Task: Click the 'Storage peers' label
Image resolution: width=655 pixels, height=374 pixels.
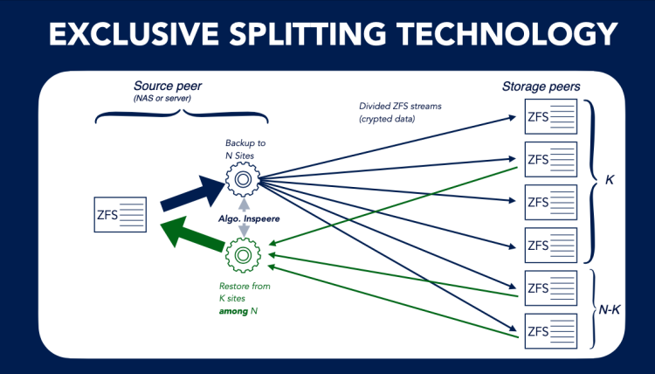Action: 541,87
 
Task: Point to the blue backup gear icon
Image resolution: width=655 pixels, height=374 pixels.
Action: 242,180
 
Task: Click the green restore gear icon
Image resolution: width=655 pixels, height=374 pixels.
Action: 242,255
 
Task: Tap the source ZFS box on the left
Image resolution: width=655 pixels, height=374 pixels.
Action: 121,214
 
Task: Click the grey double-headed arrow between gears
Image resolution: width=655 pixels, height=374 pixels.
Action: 242,218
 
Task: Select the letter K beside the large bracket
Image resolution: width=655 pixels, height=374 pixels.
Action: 610,181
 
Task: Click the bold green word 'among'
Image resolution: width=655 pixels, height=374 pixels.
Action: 232,310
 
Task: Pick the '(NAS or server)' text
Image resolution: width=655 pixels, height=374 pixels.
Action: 163,99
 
